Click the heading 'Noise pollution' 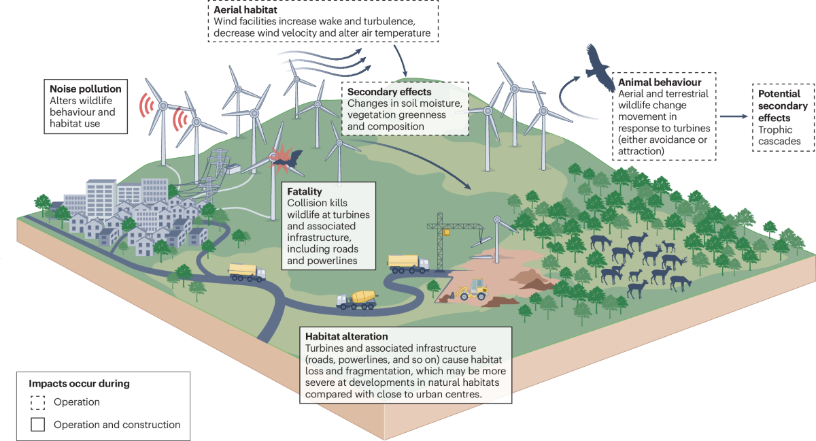pyautogui.click(x=85, y=89)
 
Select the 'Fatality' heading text pyautogui.click(x=304, y=191)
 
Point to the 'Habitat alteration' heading pyautogui.click(x=347, y=336)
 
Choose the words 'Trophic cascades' pyautogui.click(x=779, y=135)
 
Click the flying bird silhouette pyautogui.click(x=599, y=66)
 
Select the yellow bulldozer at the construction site pyautogui.click(x=474, y=291)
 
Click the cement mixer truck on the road pyautogui.click(x=356, y=299)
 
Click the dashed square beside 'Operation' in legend pyautogui.click(x=38, y=402)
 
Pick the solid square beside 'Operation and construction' pyautogui.click(x=38, y=425)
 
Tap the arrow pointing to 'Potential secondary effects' pyautogui.click(x=734, y=116)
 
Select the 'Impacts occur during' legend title pyautogui.click(x=79, y=384)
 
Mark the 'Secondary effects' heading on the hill pyautogui.click(x=389, y=92)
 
